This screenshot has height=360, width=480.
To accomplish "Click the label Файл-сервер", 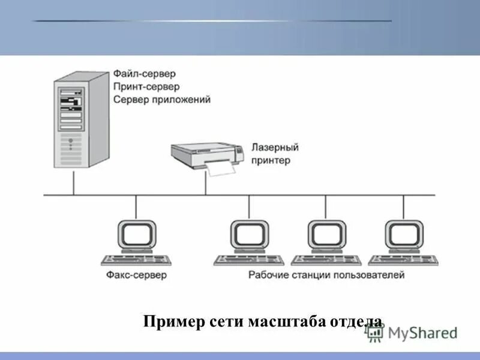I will click(x=144, y=74).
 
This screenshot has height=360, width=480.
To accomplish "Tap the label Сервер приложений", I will click(x=162, y=100).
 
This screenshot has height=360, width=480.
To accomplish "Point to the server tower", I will click(x=77, y=120).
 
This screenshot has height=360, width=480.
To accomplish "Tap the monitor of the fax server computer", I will click(x=137, y=235).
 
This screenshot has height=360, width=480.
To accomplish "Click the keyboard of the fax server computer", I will click(x=136, y=260).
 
